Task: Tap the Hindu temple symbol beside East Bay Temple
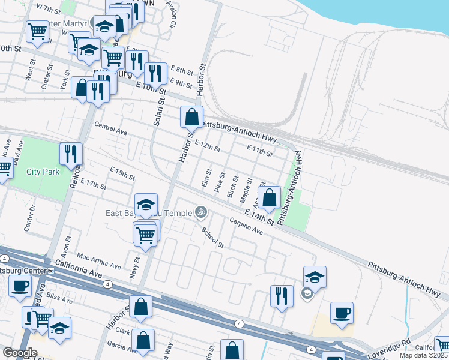[x=201, y=212]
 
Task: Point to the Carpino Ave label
[x=246, y=226]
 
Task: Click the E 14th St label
[x=259, y=217]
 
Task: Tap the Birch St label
[x=232, y=187]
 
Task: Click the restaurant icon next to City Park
[x=71, y=154]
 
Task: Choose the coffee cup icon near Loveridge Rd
[x=342, y=313]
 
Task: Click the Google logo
[x=20, y=353]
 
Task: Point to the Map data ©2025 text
[x=424, y=355]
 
